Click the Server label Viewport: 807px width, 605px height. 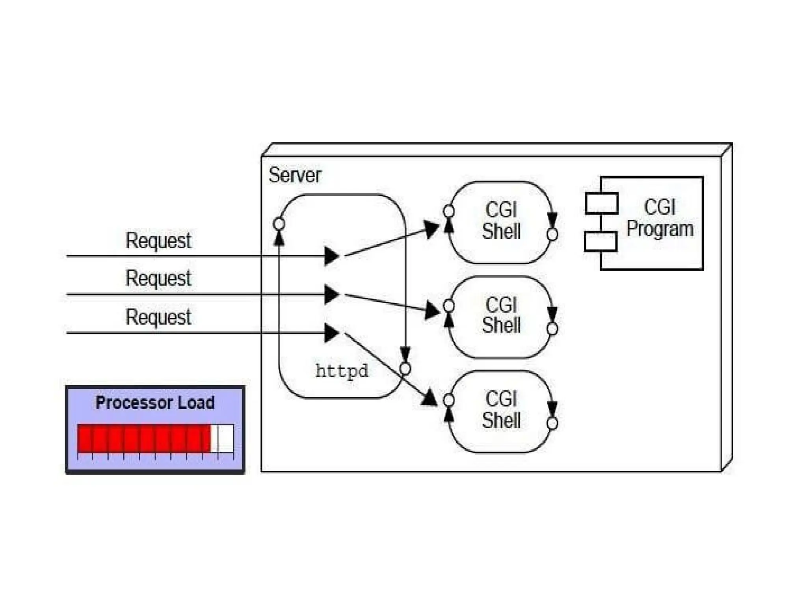pyautogui.click(x=295, y=175)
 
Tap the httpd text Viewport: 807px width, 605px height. pyautogui.click(x=342, y=371)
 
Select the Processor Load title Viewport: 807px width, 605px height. pyautogui.click(x=155, y=403)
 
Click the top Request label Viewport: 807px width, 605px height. pyautogui.click(x=158, y=240)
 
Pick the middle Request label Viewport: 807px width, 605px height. pyautogui.click(x=158, y=278)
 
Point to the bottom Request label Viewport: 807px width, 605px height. pyautogui.click(x=158, y=317)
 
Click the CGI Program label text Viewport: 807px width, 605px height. pyautogui.click(x=660, y=218)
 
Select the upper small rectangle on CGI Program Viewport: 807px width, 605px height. pyautogui.click(x=601, y=203)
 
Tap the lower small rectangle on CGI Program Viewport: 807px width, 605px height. pyautogui.click(x=601, y=241)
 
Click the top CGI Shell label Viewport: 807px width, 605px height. pyautogui.click(x=501, y=221)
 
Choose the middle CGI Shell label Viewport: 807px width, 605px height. pyautogui.click(x=501, y=315)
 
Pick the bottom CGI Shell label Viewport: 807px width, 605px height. pyautogui.click(x=501, y=410)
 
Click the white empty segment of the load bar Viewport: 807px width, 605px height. pyautogui.click(x=223, y=438)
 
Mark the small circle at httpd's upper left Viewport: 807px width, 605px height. pyautogui.click(x=279, y=224)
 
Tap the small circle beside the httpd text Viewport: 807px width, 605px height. pyautogui.click(x=405, y=369)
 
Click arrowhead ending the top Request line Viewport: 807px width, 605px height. pyautogui.click(x=331, y=256)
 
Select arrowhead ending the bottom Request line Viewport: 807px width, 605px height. pyautogui.click(x=331, y=333)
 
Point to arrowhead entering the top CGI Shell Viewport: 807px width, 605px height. pyautogui.click(x=431, y=229)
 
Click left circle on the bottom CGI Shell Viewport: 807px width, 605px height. pyautogui.click(x=448, y=400)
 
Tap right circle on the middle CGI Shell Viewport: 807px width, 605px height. pyautogui.click(x=552, y=328)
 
